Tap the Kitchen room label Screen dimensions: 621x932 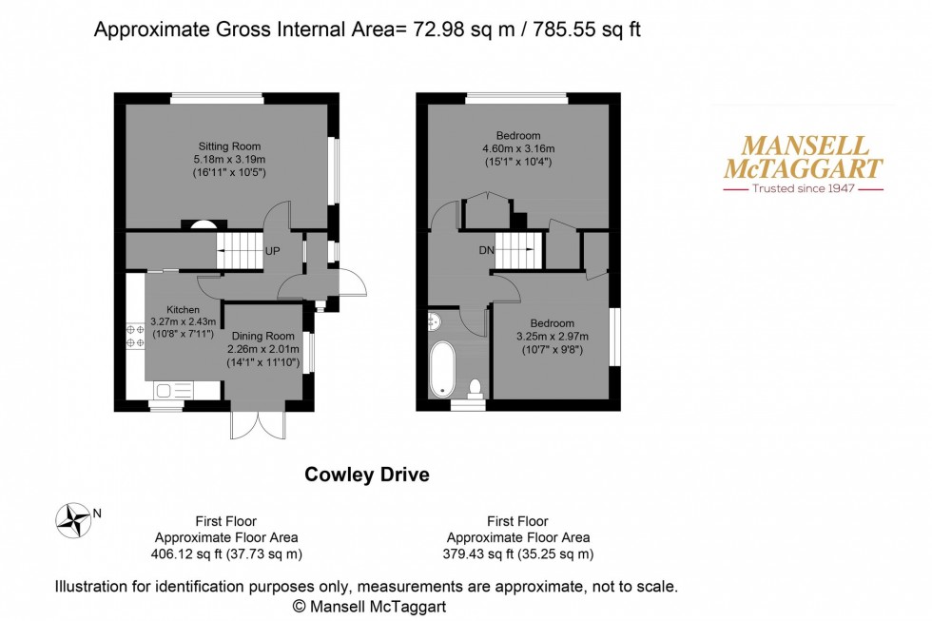[184, 310]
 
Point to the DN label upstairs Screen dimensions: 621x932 [486, 252]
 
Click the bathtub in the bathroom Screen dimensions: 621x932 [443, 369]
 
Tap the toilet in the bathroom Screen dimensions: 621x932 [475, 388]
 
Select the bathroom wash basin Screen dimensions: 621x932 [436, 320]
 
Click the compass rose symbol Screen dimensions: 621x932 [71, 518]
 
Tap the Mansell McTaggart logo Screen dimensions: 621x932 [804, 165]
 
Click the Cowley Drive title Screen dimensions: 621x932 [366, 474]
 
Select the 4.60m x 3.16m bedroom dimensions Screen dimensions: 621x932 [518, 148]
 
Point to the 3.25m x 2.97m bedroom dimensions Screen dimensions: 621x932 [553, 336]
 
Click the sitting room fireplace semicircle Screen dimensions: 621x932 [202, 224]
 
